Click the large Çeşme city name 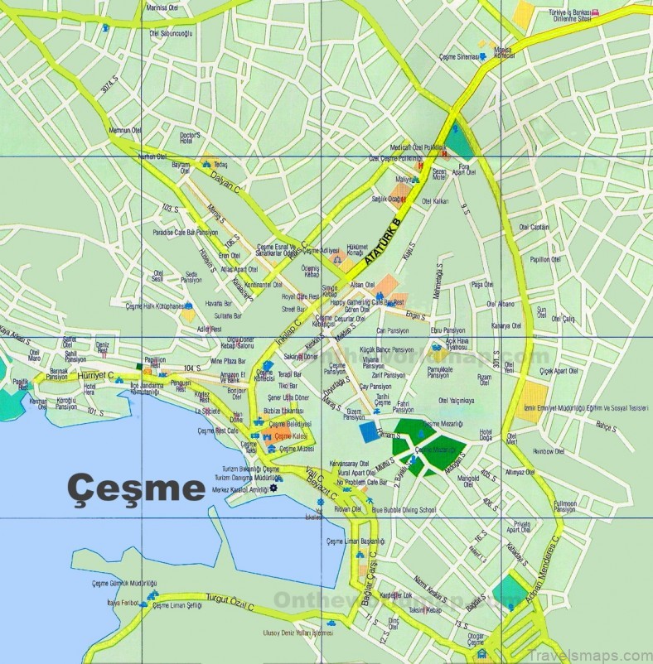(x=136, y=487)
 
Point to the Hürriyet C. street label (x=94, y=375)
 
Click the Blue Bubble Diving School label (x=404, y=511)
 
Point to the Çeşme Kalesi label (x=289, y=435)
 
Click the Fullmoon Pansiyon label (x=565, y=507)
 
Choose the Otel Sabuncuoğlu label (x=171, y=33)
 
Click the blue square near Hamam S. (x=368, y=432)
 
